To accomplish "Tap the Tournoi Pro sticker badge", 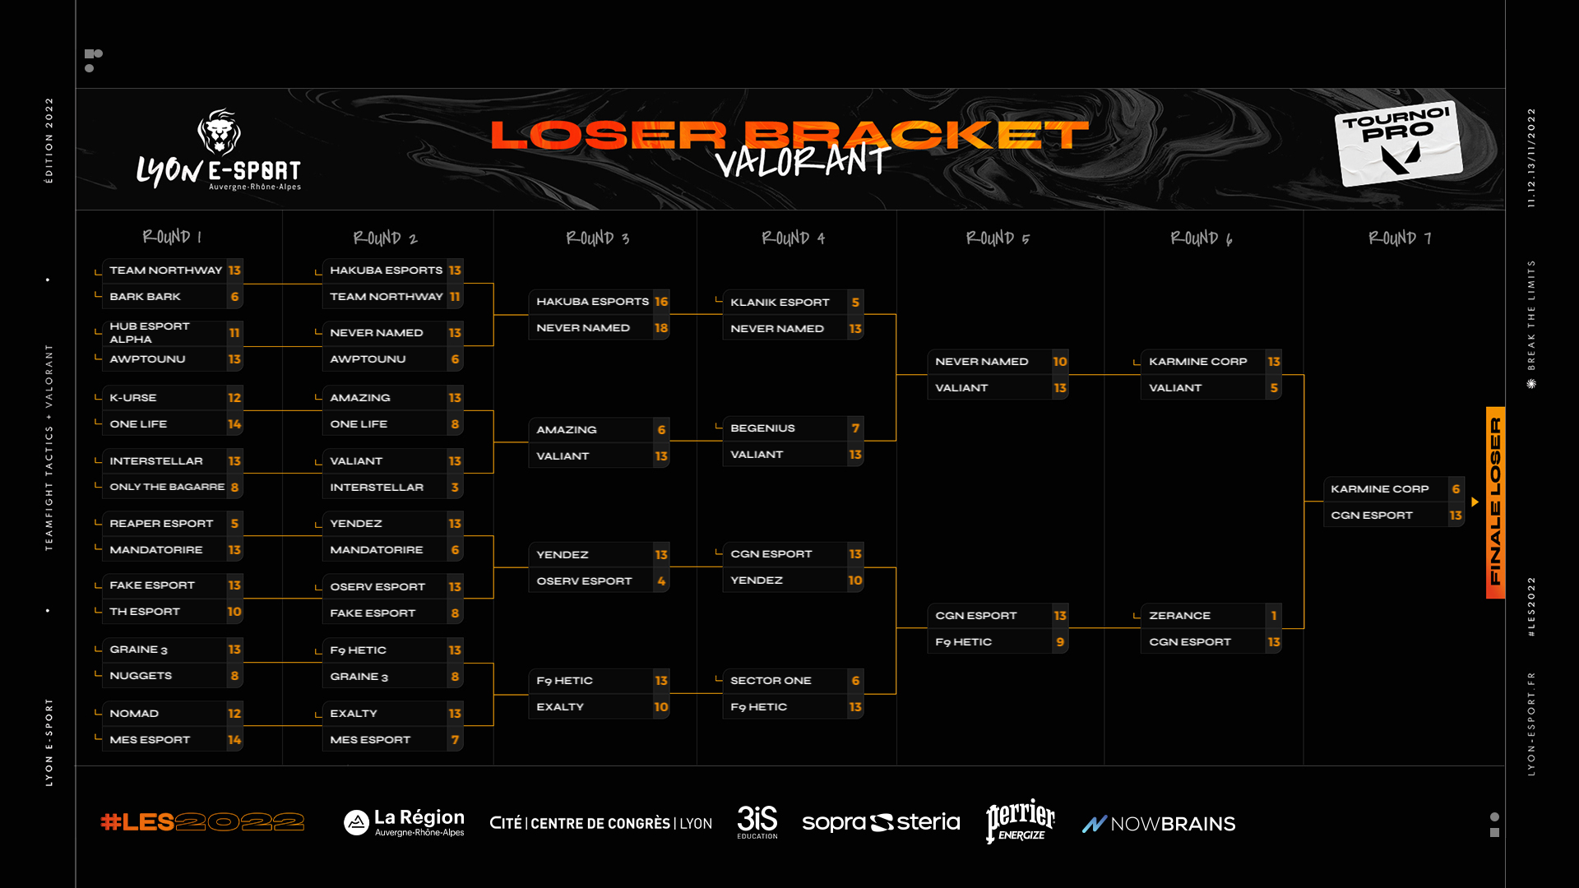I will pos(1398,142).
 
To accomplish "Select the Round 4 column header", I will pos(793,238).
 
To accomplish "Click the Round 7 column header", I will pos(1400,238).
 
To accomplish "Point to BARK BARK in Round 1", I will pos(145,297).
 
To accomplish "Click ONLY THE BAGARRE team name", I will pos(167,488).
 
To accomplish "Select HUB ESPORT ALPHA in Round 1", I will pos(149,333).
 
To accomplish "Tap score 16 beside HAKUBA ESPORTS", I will pos(661,302).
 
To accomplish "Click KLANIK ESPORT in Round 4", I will pos(780,303).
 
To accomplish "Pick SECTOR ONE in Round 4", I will pos(771,681).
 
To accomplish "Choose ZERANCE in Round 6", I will pos(1179,616).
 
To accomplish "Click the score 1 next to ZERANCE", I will pos(1274,616).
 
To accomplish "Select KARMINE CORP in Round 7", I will pos(1379,489).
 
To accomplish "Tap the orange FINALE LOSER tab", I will pos(1495,502).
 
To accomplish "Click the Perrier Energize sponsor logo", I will pos(1020,821).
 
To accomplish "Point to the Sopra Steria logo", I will pos(880,822).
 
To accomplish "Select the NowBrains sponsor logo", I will pos(1158,824).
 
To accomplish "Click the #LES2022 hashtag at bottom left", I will pos(202,822).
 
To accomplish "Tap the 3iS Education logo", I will pos(757,821).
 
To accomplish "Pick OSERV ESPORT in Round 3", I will pos(584,581).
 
